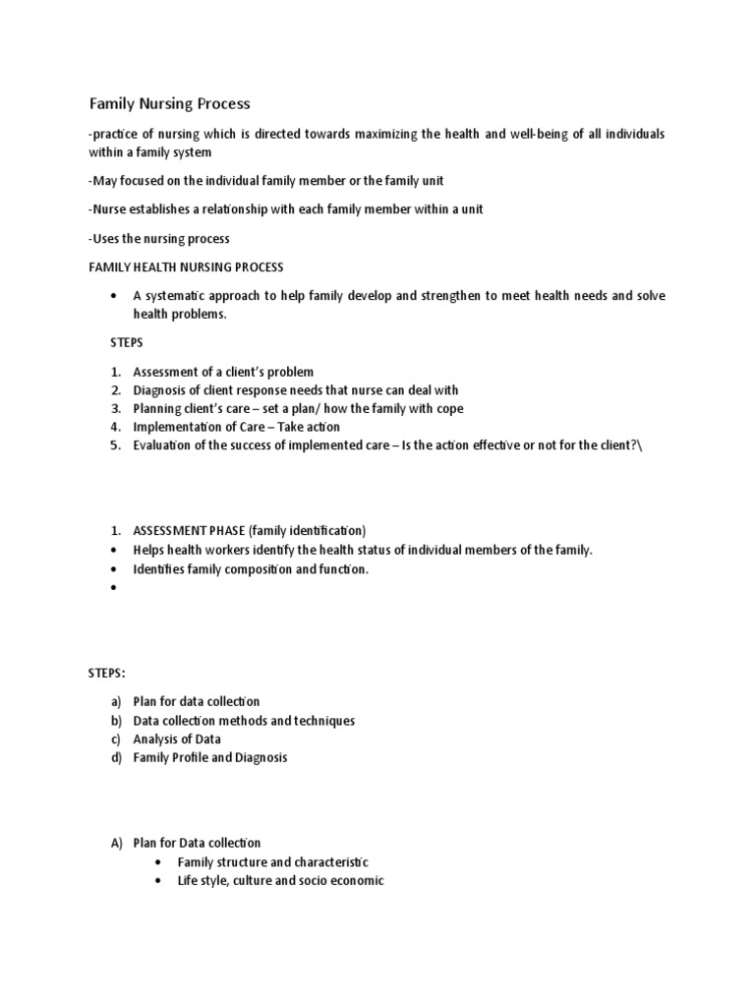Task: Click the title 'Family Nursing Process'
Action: coord(170,103)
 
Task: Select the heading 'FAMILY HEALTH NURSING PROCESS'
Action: coord(186,267)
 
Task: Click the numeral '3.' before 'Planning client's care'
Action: coord(115,408)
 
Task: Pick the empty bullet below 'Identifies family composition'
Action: coord(115,588)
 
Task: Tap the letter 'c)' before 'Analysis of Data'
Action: coord(116,740)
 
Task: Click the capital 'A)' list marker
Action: coord(116,843)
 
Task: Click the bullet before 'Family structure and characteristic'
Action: coord(159,862)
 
